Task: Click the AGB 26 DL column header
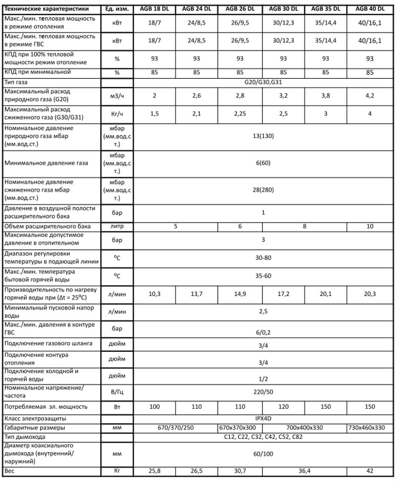pyautogui.click(x=240, y=9)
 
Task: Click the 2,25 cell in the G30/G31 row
pyautogui.click(x=240, y=113)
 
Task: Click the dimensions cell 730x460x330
pyautogui.click(x=372, y=428)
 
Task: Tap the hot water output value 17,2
pyautogui.click(x=283, y=294)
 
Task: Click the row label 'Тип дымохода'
pyautogui.click(x=25, y=437)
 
